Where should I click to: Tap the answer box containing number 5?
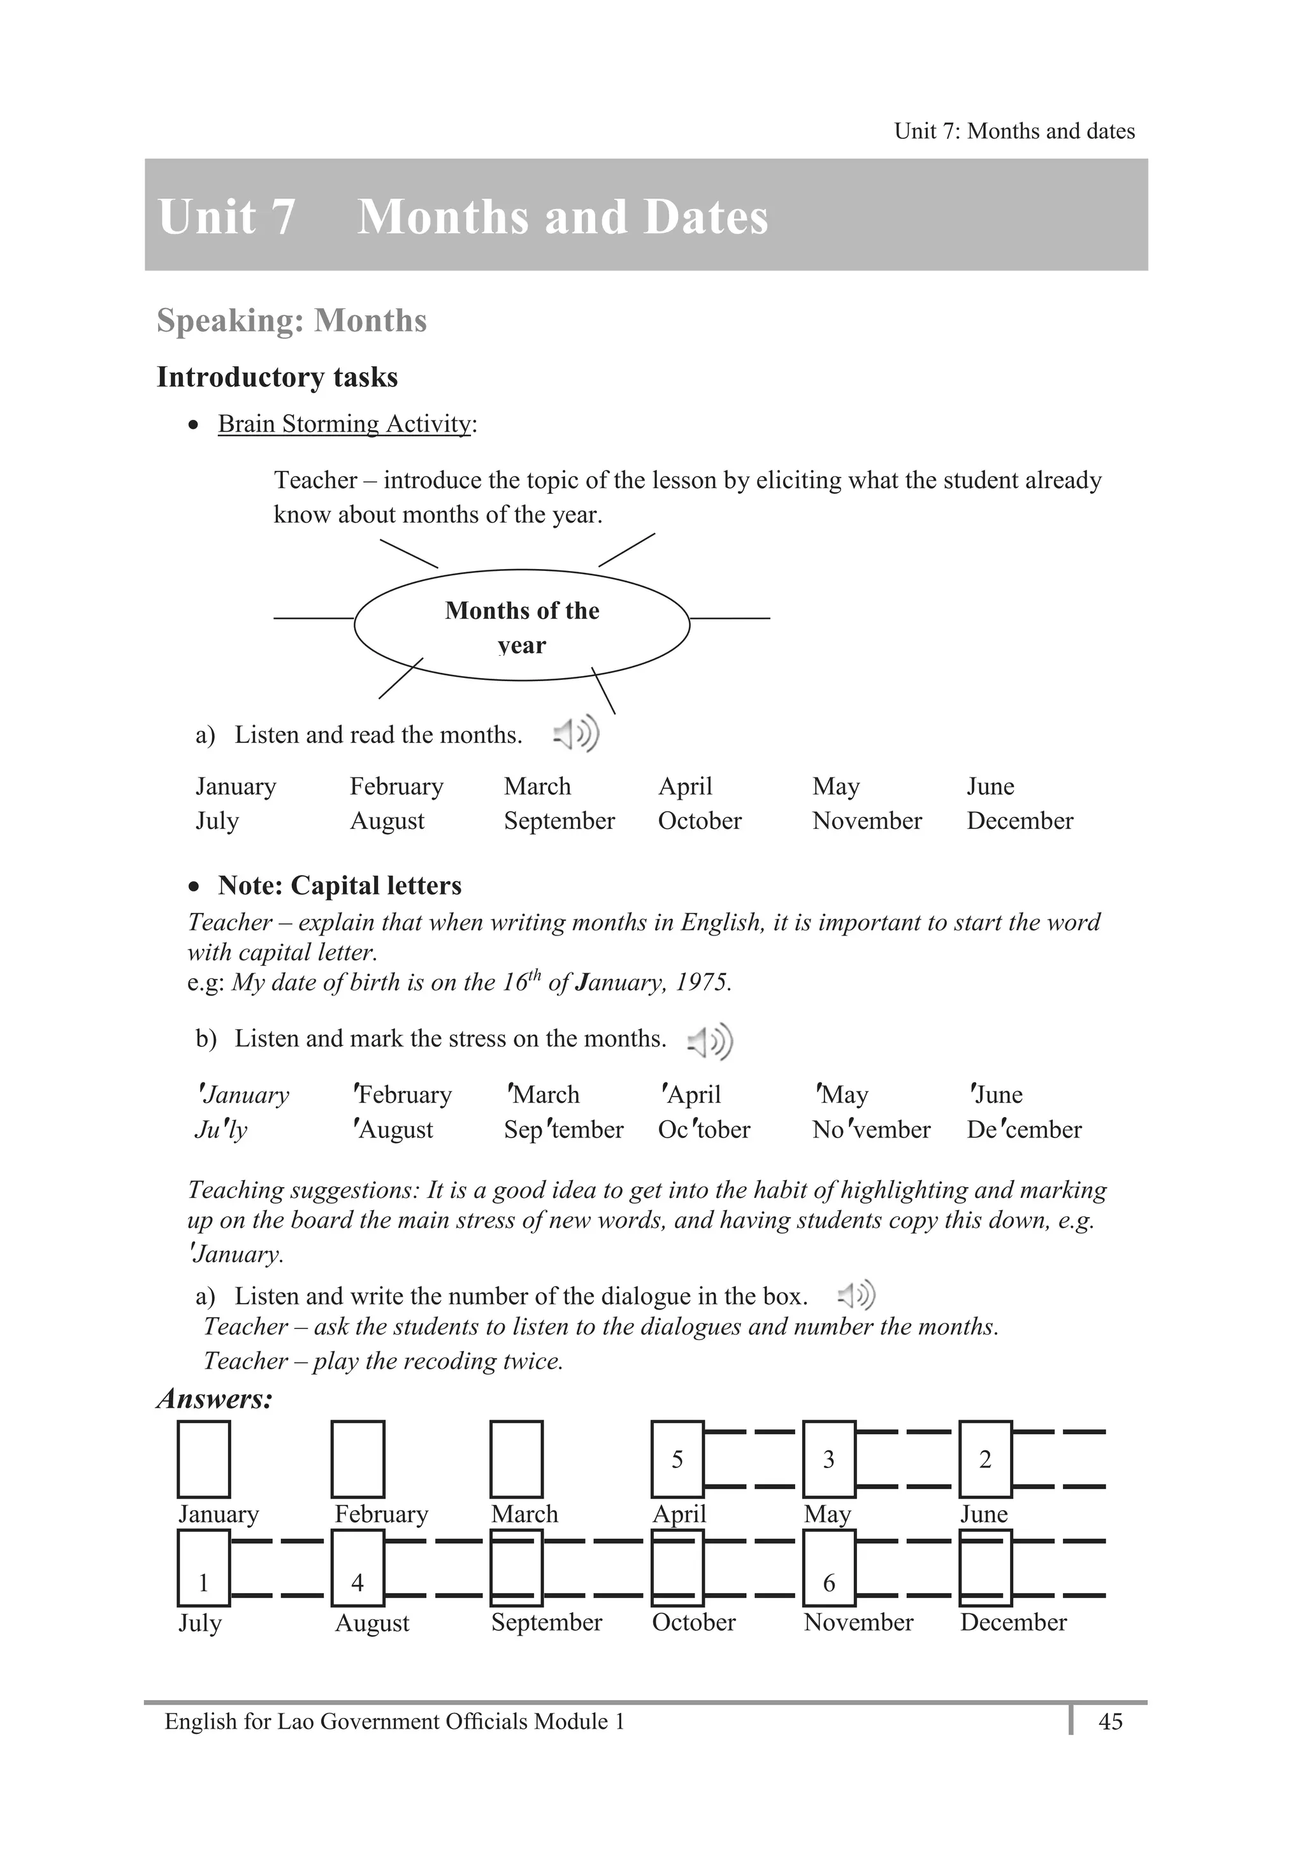[x=677, y=1459]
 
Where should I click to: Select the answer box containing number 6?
[x=829, y=1582]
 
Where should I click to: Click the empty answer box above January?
[x=203, y=1459]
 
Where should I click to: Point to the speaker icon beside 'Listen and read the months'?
[x=576, y=733]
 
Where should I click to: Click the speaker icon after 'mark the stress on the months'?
[x=710, y=1041]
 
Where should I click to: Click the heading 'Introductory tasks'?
[x=277, y=377]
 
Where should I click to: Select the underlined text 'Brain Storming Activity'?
[x=345, y=424]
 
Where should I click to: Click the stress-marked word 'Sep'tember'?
[x=563, y=1129]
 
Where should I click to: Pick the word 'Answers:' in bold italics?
[x=215, y=1399]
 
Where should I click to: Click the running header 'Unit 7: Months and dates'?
[x=1014, y=131]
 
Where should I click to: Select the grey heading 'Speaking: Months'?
[x=291, y=321]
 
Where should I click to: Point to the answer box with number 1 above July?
[x=203, y=1582]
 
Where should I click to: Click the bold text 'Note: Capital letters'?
[x=339, y=885]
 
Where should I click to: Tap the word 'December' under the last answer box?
[x=1013, y=1622]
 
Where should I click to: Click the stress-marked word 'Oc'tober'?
[x=703, y=1129]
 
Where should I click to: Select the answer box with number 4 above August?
[x=357, y=1582]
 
